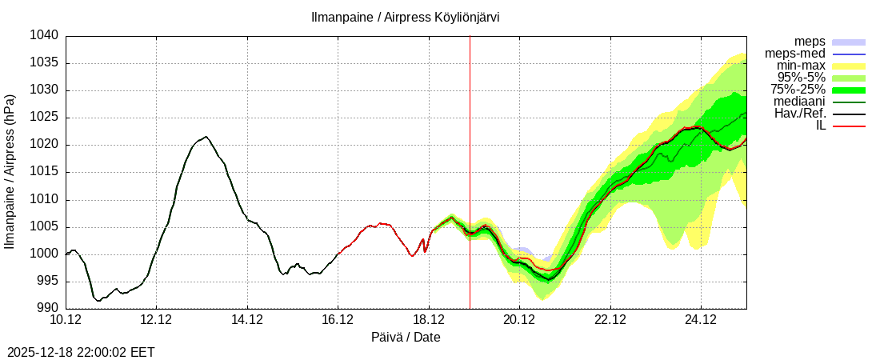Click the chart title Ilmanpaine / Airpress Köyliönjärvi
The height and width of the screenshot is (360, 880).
click(x=406, y=17)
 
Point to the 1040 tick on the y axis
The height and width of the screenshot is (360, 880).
click(x=46, y=35)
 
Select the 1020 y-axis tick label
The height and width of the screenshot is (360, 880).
click(x=46, y=145)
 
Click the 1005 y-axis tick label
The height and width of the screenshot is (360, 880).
click(x=46, y=226)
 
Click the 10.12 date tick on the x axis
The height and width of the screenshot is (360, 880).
click(x=66, y=320)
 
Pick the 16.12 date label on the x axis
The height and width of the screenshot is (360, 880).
click(x=338, y=320)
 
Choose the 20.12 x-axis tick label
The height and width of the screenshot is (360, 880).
click(x=519, y=320)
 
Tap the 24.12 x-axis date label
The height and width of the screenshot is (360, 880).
click(x=701, y=320)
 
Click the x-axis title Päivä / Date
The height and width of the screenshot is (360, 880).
click(x=406, y=338)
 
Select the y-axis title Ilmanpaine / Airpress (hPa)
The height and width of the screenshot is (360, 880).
click(x=10, y=171)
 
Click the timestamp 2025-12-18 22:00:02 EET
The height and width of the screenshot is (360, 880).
click(x=81, y=352)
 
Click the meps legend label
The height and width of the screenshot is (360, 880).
click(x=810, y=42)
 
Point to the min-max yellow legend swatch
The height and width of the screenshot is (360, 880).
click(x=849, y=66)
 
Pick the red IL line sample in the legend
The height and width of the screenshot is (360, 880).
click(x=849, y=126)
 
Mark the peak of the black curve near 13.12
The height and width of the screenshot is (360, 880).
click(x=206, y=137)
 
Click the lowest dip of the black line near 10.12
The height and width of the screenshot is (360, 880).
click(x=98, y=301)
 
